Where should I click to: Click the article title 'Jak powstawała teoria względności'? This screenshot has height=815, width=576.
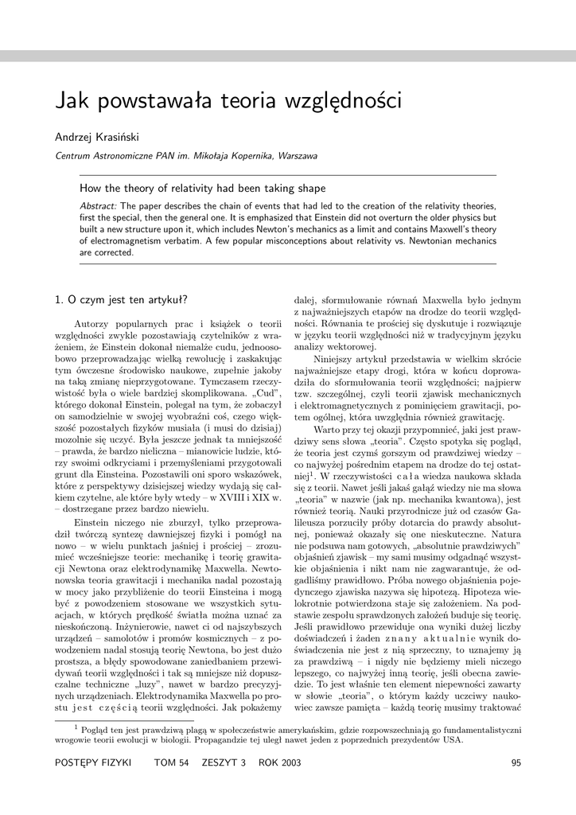229,103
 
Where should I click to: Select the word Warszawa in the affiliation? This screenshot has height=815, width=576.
296,156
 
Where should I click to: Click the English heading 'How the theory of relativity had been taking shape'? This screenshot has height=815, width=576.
202,189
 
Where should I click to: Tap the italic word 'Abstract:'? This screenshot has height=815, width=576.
98,206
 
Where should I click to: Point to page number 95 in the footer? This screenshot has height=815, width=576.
516,763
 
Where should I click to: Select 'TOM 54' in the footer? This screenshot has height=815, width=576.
171,763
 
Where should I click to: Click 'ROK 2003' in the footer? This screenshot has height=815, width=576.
280,763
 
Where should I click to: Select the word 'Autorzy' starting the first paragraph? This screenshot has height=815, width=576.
91,325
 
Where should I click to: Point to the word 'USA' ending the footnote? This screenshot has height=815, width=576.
452,739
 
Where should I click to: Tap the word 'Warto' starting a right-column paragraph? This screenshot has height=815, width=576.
327,430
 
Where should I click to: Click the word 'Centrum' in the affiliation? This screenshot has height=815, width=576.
73,156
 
